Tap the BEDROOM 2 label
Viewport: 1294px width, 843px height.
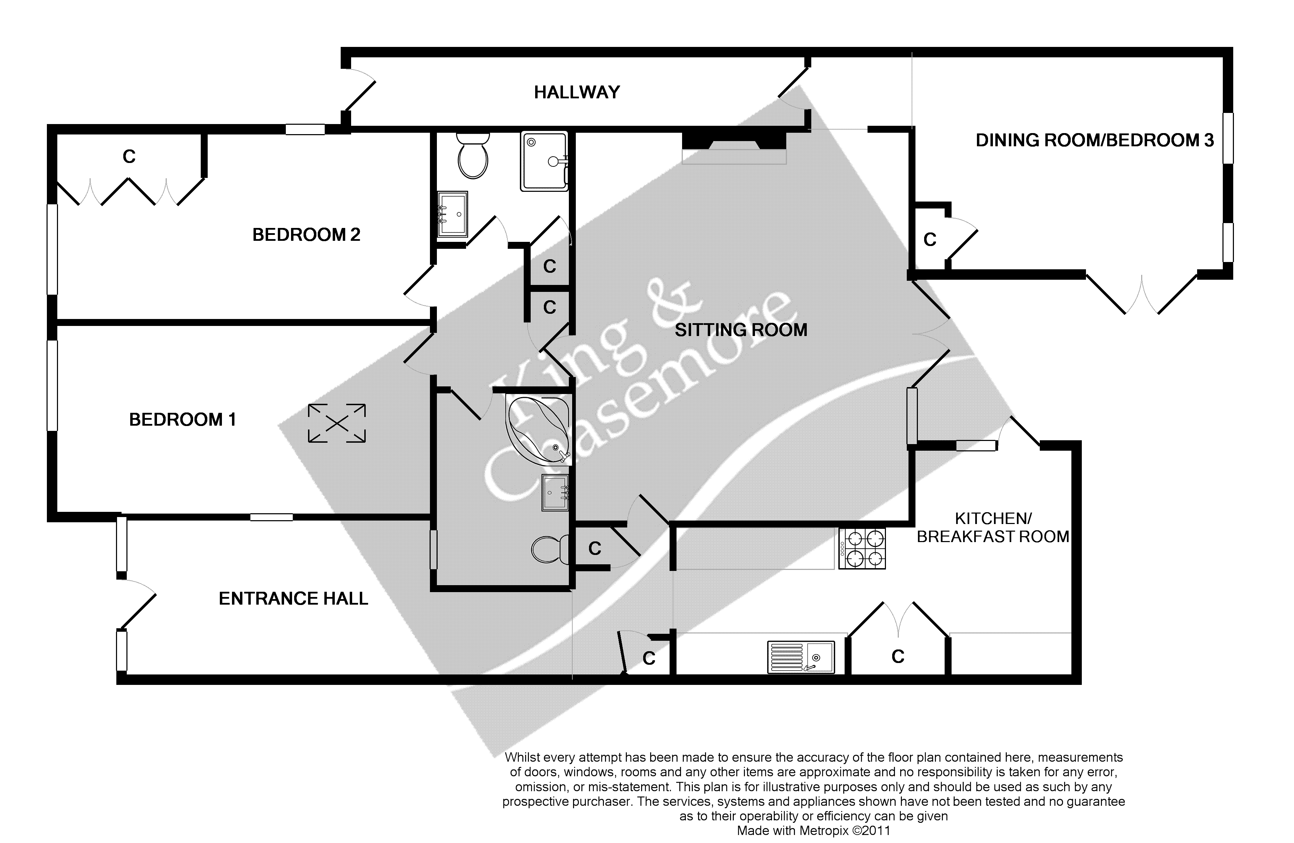click(x=306, y=235)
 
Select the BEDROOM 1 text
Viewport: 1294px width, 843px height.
click(x=182, y=420)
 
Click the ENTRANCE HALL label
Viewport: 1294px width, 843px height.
click(x=293, y=599)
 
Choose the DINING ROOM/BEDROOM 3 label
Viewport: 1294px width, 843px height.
click(x=1094, y=140)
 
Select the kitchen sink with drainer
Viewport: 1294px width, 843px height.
click(x=800, y=657)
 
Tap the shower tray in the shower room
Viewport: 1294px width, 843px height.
click(x=544, y=161)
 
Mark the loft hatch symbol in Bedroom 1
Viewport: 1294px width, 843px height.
click(x=337, y=423)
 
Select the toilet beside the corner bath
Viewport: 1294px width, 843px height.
click(x=549, y=549)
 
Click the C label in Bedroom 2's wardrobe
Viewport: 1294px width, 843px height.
click(x=129, y=157)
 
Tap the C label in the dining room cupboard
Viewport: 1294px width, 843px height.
click(x=930, y=240)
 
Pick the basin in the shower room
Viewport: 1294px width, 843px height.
click(x=452, y=215)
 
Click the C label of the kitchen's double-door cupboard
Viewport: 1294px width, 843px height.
click(x=898, y=657)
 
